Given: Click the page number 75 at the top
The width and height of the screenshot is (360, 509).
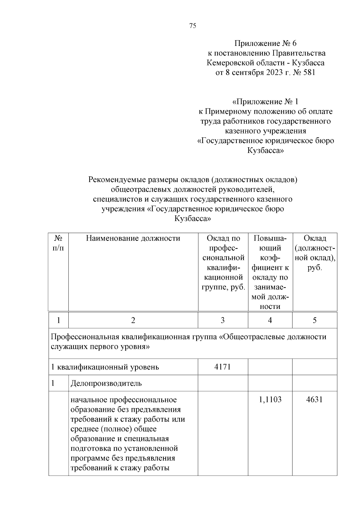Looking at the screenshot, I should click(193, 26).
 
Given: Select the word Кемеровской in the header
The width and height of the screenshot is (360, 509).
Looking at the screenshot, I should click(230, 63).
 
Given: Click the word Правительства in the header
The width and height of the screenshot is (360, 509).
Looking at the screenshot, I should click(299, 53).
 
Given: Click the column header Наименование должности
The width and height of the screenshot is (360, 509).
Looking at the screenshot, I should click(133, 238).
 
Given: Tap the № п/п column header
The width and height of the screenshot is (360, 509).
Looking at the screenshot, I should click(58, 243).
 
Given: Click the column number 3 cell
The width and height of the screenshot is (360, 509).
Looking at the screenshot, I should click(223, 320).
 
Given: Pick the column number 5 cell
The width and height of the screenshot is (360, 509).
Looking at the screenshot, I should click(314, 320).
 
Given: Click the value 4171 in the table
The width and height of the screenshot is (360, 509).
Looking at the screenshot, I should click(223, 367).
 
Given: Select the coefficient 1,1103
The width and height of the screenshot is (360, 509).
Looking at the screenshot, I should click(270, 400).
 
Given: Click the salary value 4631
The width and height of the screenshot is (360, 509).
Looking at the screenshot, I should click(314, 400).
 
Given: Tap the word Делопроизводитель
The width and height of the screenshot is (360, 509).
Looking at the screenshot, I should click(106, 383).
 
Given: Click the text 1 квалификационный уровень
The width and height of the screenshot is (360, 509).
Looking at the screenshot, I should click(105, 367).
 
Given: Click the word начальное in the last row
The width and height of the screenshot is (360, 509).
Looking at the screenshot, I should click(88, 400).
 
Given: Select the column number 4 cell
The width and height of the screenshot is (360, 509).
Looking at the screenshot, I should click(270, 320).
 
